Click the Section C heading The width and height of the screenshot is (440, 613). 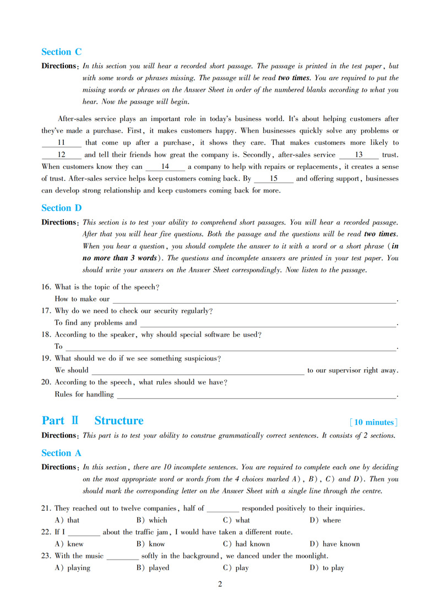pos(61,52)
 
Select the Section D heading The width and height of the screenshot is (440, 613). pos(61,208)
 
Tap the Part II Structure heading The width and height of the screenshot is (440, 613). pos(93,421)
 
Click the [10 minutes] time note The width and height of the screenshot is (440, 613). pos(373,422)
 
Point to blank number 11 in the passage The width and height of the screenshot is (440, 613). pos(61,143)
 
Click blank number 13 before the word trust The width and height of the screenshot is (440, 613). pos(358,155)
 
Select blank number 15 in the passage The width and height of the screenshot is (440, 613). pos(273,179)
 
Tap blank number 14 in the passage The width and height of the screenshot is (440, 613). pos(165,167)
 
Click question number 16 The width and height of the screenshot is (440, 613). pos(46,287)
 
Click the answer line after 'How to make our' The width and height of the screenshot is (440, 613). pos(254,300)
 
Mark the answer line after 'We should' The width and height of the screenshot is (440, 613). pos(197,371)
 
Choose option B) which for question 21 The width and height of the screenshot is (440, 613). pos(151,520)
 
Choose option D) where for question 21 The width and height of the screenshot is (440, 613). pos(325,520)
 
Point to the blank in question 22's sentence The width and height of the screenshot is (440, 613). pos(84,533)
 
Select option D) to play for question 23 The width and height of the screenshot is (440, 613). pos(327,568)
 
